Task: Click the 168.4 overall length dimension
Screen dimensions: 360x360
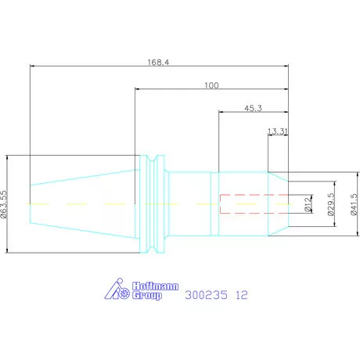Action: pyautogui.click(x=158, y=63)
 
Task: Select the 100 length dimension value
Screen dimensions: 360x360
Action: pyautogui.click(x=211, y=85)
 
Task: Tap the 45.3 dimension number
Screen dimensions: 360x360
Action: pyautogui.click(x=253, y=108)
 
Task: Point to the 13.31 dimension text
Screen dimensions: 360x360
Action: pyautogui.click(x=278, y=131)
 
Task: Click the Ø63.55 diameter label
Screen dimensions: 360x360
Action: pyautogui.click(x=4, y=204)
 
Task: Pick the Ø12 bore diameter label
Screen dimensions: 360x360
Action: pyautogui.click(x=308, y=204)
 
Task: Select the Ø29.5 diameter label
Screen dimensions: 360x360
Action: pyautogui.click(x=330, y=204)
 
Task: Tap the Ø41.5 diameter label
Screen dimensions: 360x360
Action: pyautogui.click(x=354, y=204)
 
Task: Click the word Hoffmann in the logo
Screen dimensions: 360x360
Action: pyautogui.click(x=155, y=286)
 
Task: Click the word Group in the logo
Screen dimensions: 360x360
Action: pyautogui.click(x=147, y=296)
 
